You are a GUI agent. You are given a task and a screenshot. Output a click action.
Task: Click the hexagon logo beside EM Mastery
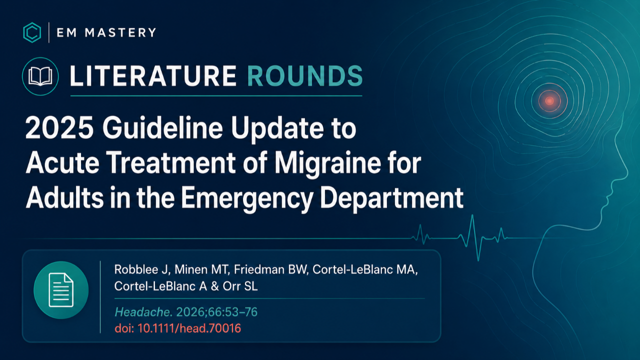click(32, 32)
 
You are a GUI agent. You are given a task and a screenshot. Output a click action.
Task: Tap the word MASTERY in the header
click(120, 32)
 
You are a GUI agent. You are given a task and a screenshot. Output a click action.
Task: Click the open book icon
click(40, 76)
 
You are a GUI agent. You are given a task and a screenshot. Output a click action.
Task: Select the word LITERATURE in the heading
click(153, 76)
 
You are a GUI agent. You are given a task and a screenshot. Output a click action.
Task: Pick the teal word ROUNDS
click(305, 76)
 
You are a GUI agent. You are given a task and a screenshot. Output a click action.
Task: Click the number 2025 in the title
click(59, 127)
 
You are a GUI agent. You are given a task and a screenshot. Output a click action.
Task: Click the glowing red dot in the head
click(549, 100)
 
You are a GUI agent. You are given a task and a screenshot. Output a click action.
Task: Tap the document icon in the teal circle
click(61, 290)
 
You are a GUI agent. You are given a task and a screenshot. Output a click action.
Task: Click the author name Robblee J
click(142, 269)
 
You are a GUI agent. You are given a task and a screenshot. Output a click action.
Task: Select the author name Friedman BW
click(271, 269)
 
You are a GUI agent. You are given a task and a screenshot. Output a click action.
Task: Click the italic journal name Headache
click(143, 312)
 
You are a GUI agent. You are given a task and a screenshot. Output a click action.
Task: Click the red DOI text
click(177, 328)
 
